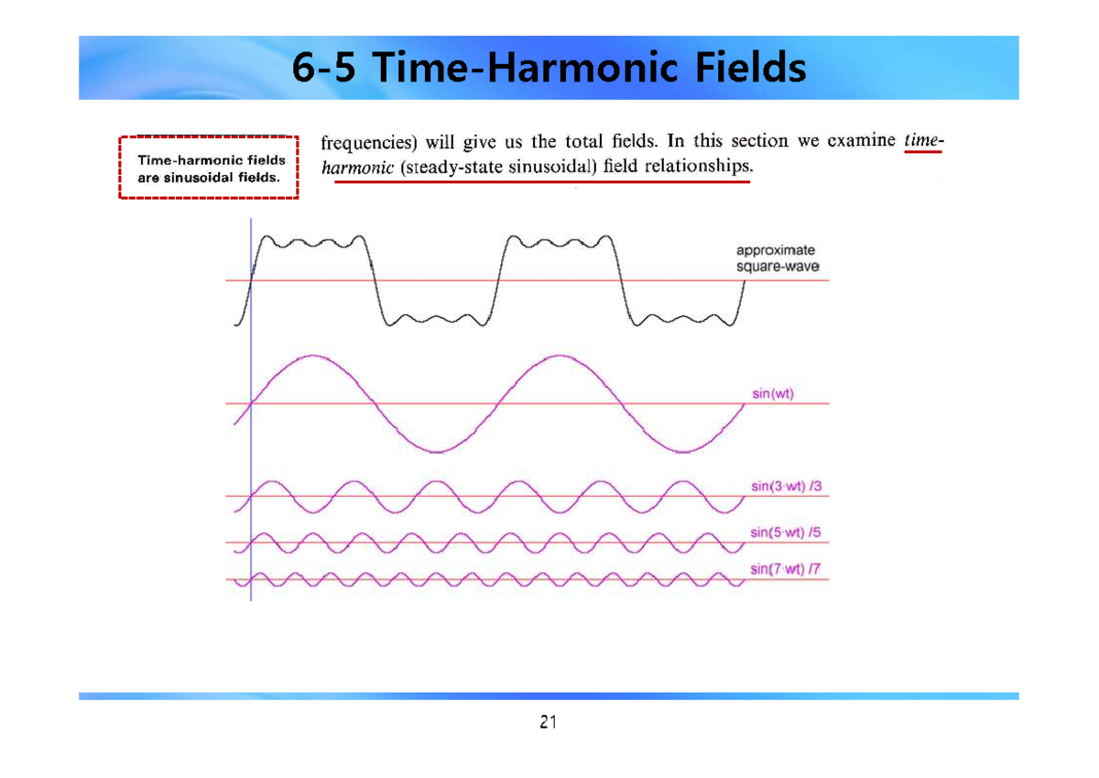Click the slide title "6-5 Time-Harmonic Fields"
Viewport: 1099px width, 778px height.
(x=549, y=68)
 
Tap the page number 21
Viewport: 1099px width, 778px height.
(x=548, y=722)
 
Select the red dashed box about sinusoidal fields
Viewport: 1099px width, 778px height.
(x=209, y=167)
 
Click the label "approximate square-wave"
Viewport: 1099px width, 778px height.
(x=777, y=258)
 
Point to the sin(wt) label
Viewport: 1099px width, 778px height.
(x=772, y=394)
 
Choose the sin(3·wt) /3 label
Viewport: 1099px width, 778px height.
(x=779, y=487)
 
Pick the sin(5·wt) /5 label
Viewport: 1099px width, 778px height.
(x=779, y=531)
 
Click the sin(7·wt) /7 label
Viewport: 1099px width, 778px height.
(x=779, y=568)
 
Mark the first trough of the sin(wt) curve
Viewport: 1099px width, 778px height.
(x=437, y=452)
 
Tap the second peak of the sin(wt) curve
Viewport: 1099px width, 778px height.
(x=559, y=356)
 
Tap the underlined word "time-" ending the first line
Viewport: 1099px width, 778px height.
(x=922, y=141)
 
